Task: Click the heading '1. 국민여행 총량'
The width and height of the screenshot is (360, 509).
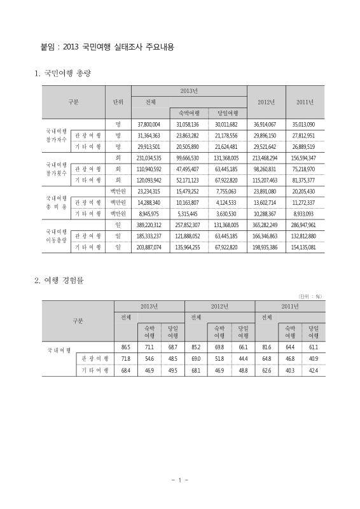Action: [x=63, y=74]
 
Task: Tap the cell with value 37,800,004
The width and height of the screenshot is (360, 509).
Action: [x=149, y=124]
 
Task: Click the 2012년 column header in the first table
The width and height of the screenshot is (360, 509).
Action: [x=264, y=102]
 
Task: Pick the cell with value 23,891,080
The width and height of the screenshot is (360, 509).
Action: [x=264, y=191]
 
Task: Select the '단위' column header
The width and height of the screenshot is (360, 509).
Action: [x=118, y=102]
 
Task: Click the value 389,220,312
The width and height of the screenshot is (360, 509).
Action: [x=149, y=225]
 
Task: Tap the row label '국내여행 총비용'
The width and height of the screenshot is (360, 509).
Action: [x=54, y=202]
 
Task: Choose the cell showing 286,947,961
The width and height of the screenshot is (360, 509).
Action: [x=303, y=225]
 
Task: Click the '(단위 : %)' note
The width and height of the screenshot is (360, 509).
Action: [x=310, y=296]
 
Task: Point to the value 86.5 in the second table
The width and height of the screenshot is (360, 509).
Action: [x=125, y=347]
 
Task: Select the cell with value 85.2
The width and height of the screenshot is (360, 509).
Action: [x=196, y=347]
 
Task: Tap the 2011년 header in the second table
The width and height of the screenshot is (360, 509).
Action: [x=289, y=306]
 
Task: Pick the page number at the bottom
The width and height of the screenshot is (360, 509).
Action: [x=180, y=480]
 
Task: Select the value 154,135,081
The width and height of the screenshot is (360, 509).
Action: [x=303, y=247]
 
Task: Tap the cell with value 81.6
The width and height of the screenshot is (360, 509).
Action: [x=267, y=347]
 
